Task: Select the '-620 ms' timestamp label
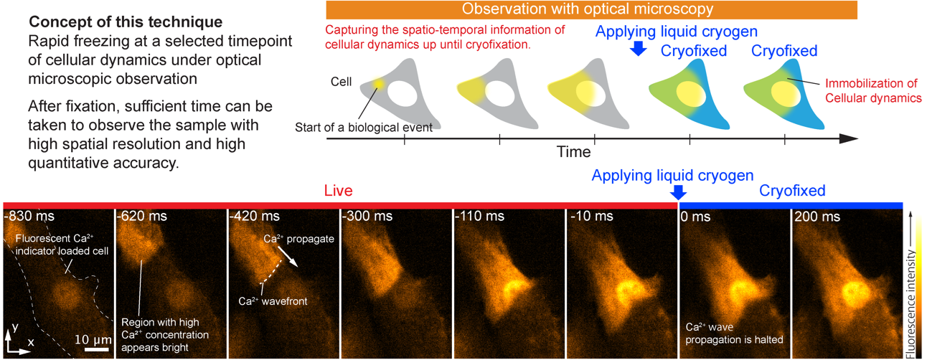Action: (139, 216)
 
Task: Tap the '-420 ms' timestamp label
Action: (252, 216)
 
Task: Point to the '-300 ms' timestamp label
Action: (367, 216)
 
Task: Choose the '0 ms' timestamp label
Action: (697, 216)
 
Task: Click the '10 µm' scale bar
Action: (97, 349)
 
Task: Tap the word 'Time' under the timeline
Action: (574, 152)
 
